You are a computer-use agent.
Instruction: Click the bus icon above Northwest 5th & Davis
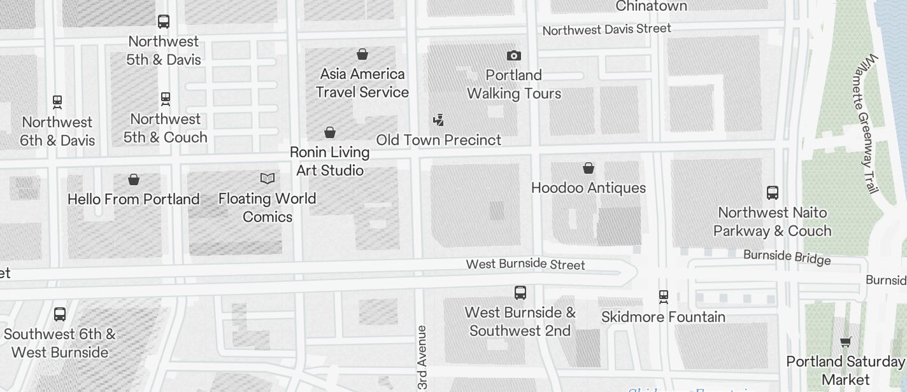pos(164,22)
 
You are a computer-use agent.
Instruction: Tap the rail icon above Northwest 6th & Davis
pos(57,102)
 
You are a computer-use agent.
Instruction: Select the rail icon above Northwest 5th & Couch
pos(166,99)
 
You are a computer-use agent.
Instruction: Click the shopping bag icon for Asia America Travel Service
pos(362,54)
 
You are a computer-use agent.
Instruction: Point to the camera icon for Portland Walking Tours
pos(513,56)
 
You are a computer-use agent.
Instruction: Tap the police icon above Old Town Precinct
pos(438,120)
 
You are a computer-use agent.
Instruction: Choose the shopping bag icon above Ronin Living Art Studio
pos(330,132)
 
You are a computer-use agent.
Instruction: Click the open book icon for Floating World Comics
pos(268,179)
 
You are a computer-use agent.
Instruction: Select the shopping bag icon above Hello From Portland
pos(134,179)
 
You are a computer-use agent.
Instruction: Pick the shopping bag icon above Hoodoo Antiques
pos(589,168)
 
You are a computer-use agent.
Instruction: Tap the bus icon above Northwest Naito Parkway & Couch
pos(773,193)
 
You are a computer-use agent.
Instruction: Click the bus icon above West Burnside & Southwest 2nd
pos(520,293)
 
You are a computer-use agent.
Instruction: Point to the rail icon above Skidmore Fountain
pos(663,297)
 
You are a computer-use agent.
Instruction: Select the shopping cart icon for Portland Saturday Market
pos(846,342)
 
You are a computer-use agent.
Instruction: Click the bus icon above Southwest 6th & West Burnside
pos(60,314)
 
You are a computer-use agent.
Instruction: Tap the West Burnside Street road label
pos(525,263)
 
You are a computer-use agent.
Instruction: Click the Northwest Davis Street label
pos(606,29)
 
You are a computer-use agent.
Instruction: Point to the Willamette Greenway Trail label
pos(868,124)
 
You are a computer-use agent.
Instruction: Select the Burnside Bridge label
pos(787,257)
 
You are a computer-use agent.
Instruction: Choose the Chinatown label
pos(651,6)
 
